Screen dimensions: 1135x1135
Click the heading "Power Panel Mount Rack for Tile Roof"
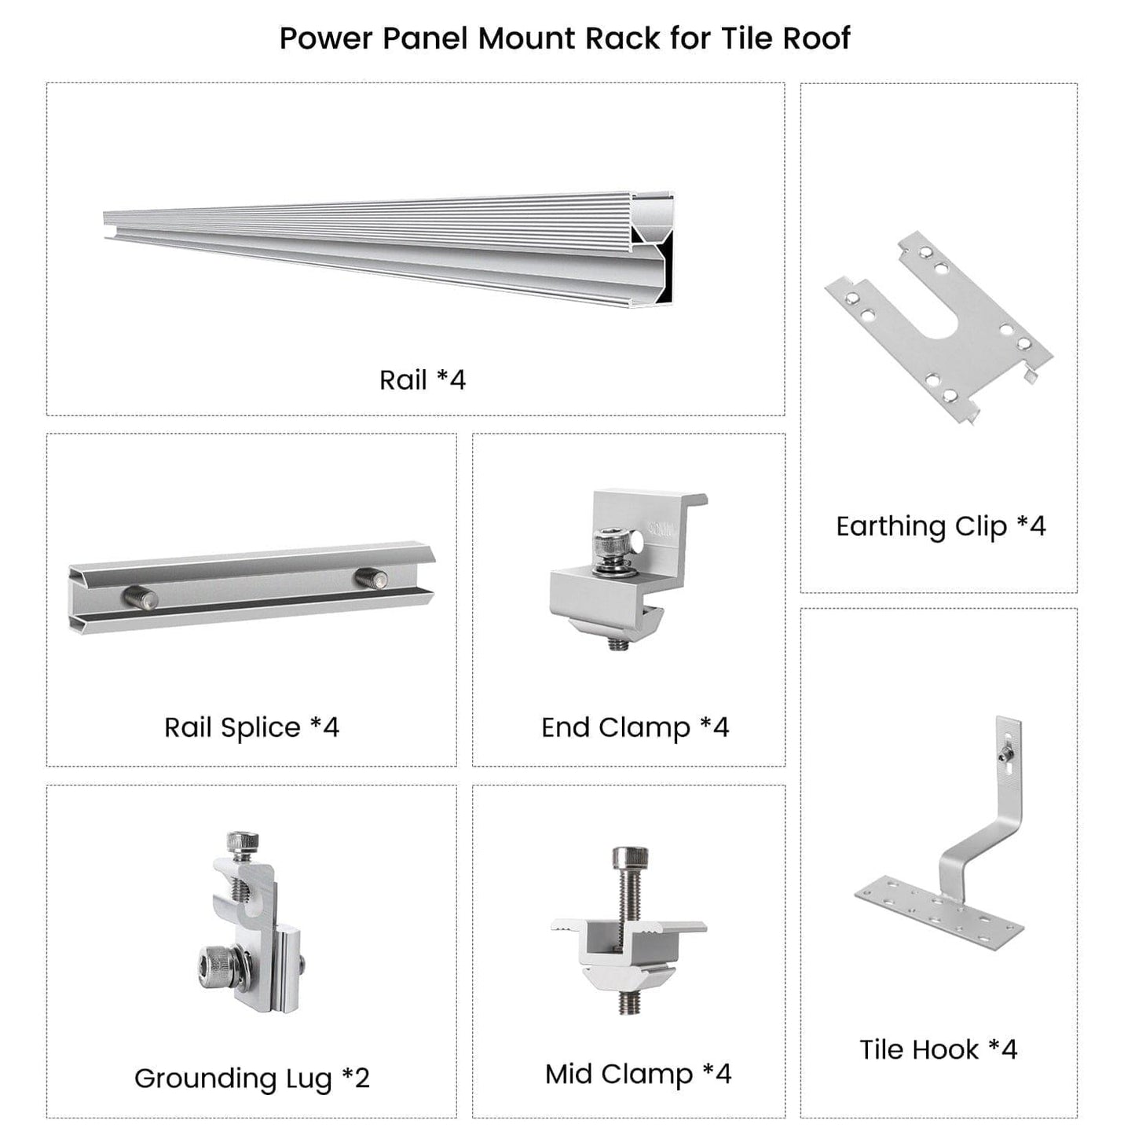[x=565, y=38]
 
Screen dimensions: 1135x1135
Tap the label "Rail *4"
[x=423, y=380]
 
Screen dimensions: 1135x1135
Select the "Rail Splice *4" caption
[x=251, y=727]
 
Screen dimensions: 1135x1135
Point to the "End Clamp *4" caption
[x=635, y=727]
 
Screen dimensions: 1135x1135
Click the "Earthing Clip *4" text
[x=940, y=526]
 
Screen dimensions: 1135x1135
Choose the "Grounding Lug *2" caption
[x=251, y=1078]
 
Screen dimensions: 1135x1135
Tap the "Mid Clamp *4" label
[x=638, y=1074]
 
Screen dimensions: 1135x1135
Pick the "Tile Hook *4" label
[x=938, y=1049]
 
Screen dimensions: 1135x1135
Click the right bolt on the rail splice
[x=372, y=579]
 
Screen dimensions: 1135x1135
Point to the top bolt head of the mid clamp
[x=631, y=857]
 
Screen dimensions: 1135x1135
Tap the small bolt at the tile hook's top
[x=1005, y=756]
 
